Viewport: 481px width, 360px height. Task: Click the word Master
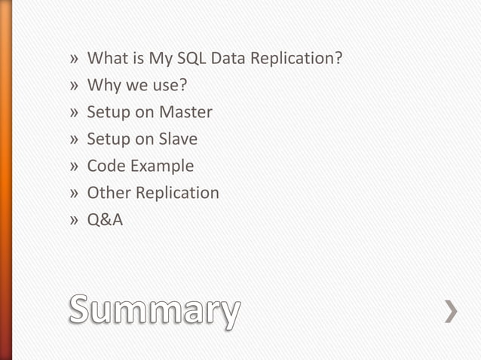185,112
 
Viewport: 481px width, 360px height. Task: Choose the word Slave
178,139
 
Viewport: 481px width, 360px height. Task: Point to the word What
106,59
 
